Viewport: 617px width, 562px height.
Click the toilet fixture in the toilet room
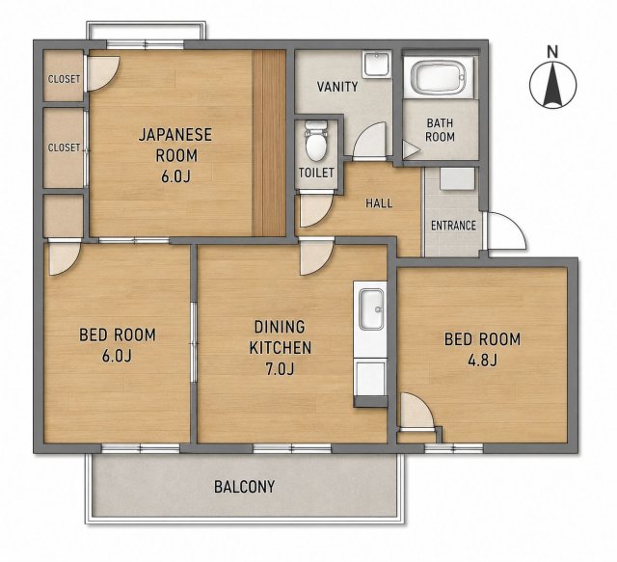[316, 141]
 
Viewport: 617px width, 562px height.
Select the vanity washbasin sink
[377, 65]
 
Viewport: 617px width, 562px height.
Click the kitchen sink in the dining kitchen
[371, 309]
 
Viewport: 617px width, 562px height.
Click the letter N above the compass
[553, 51]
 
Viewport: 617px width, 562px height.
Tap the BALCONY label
[244, 487]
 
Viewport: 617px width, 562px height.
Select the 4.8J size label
[482, 360]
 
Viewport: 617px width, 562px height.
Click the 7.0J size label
[280, 369]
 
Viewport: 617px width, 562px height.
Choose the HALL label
[379, 203]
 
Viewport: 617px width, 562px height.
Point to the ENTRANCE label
[453, 226]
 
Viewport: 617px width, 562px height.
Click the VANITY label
[337, 86]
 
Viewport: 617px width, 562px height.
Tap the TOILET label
[316, 173]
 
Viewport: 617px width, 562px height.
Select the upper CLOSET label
[65, 79]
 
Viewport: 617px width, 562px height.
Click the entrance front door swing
[506, 230]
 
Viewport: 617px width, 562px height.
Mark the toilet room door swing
[316, 210]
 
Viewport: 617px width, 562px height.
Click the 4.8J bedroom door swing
[416, 411]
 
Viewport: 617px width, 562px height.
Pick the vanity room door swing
[369, 141]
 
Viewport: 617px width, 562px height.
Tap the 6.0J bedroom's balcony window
[141, 448]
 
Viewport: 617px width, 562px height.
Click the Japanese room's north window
[146, 44]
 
